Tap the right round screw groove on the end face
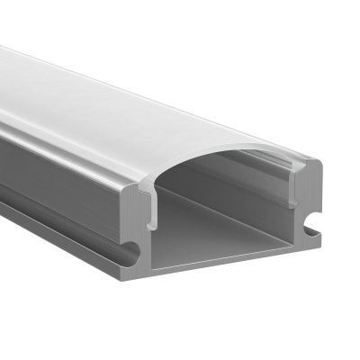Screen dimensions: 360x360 pos(311,220)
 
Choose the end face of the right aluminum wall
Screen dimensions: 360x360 pos(309,193)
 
